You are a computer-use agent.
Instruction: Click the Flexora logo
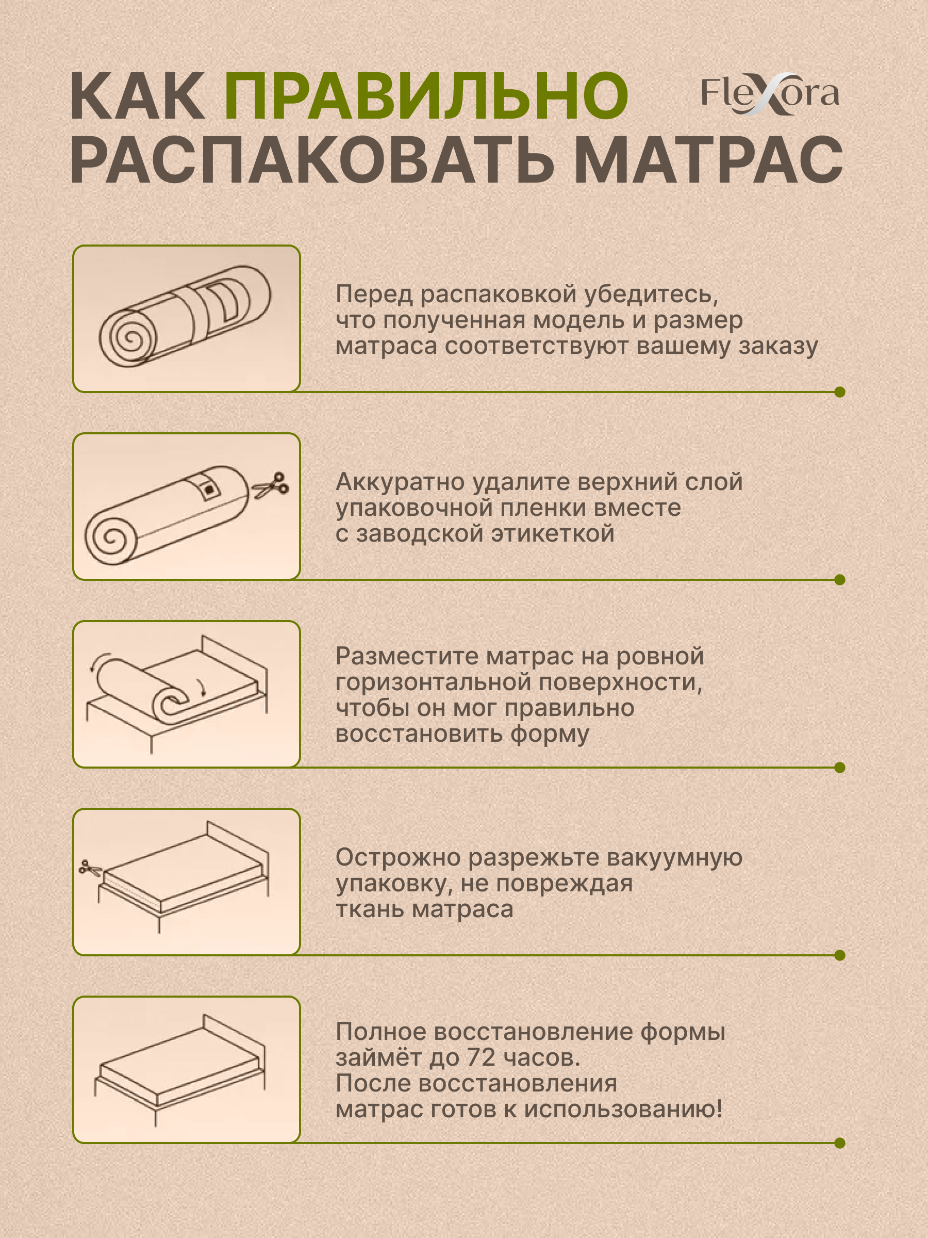pyautogui.click(x=770, y=94)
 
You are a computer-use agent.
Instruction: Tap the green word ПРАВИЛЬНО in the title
pyautogui.click(x=426, y=96)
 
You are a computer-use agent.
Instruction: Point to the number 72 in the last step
pyautogui.click(x=481, y=1057)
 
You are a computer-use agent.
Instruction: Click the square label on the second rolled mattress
pyautogui.click(x=209, y=490)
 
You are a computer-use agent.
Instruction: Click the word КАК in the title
pyautogui.click(x=137, y=96)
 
